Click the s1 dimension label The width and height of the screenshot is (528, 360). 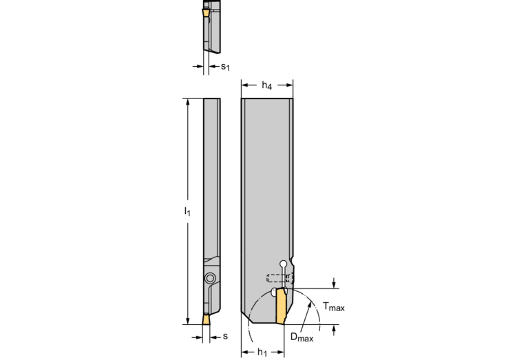(225, 67)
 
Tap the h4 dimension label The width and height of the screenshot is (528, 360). (266, 85)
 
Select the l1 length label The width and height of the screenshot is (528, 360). (187, 211)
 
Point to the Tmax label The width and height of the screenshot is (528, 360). (334, 306)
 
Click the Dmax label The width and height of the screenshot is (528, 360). (302, 337)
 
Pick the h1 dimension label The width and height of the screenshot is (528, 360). (262, 352)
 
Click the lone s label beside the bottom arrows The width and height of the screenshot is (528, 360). (225, 336)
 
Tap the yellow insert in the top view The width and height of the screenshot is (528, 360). (205, 13)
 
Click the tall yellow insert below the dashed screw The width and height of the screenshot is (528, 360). (282, 306)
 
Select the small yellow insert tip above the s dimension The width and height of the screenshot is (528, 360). (206, 319)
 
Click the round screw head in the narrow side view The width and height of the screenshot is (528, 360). (210, 278)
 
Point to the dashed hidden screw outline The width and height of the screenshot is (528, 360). (279, 278)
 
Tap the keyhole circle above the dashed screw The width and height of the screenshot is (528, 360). (284, 264)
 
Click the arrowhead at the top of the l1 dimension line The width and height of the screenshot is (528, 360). (187, 102)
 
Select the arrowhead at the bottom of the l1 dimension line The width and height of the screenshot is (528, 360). (187, 321)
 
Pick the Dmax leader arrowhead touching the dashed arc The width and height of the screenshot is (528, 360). (309, 305)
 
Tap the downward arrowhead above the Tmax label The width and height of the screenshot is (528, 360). (334, 285)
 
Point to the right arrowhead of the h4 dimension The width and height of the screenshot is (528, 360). (289, 85)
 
